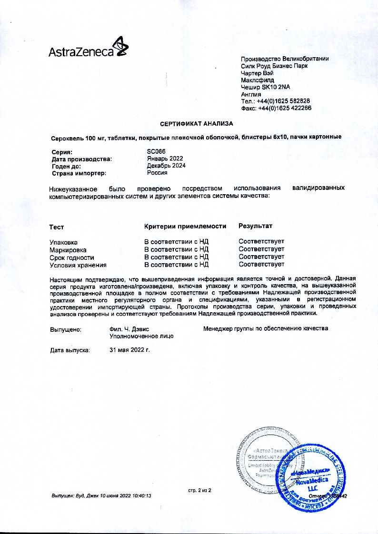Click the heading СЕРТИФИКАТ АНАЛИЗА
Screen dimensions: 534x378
[197, 124]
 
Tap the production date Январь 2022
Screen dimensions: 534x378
[165, 158]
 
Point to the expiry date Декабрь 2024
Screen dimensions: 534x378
[166, 166]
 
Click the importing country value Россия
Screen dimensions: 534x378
[157, 173]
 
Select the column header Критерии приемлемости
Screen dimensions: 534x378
[185, 226]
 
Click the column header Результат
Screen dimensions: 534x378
[256, 226]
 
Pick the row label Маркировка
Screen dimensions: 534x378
[68, 249]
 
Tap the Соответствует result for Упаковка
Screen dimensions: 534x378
[261, 242]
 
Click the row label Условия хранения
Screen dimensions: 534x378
[78, 265]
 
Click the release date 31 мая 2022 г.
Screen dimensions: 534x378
[129, 350]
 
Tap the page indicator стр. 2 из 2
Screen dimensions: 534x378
[199, 490]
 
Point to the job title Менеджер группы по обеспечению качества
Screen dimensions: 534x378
[265, 328]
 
